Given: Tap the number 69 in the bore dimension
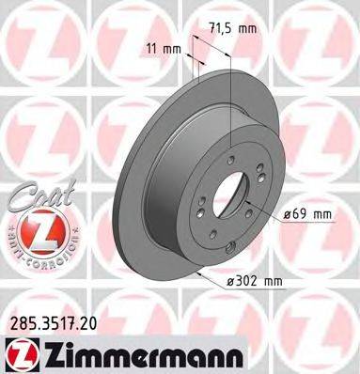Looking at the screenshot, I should click(x=303, y=216).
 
